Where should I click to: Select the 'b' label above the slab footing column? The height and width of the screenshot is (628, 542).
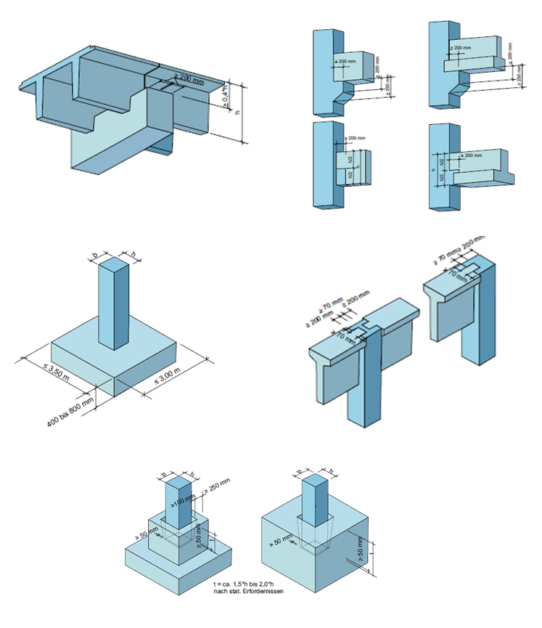click(x=95, y=254)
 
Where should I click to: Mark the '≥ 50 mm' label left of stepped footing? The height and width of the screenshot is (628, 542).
click(x=143, y=537)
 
